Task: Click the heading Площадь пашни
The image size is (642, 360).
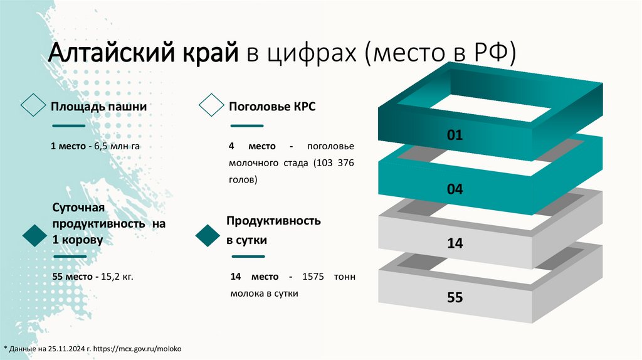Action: tap(99, 107)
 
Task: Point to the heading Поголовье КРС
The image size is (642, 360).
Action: tap(272, 107)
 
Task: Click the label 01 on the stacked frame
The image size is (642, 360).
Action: tap(455, 134)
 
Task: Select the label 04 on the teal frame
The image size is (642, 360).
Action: tap(455, 188)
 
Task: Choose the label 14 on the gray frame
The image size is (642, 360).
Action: tap(455, 243)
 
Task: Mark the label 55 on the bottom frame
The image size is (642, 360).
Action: tap(455, 297)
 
